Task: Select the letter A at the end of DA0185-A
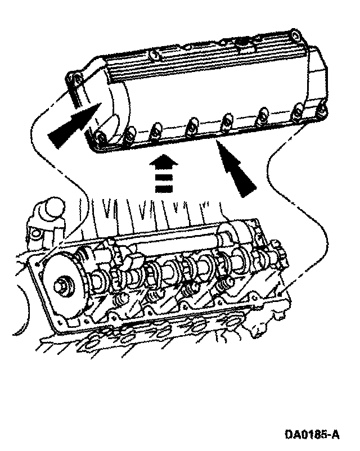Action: (x=335, y=435)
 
